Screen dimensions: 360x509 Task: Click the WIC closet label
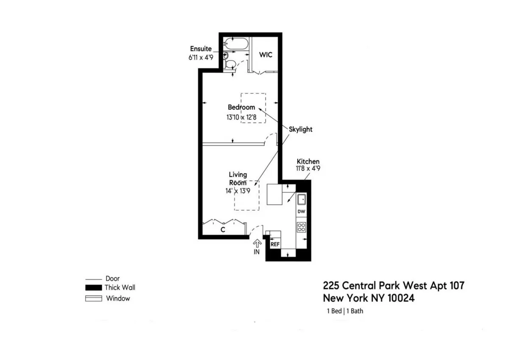(266, 55)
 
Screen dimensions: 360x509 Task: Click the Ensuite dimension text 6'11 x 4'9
(201, 57)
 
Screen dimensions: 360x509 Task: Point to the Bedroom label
(241, 107)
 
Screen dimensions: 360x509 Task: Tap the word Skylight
(301, 129)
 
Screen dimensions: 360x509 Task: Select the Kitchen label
(308, 162)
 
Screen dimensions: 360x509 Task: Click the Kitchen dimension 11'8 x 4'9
(308, 168)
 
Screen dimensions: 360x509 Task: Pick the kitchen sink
(302, 199)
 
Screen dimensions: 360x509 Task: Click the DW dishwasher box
(301, 211)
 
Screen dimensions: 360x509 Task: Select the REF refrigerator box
(275, 245)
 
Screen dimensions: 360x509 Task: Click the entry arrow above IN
(257, 243)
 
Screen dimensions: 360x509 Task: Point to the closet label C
(222, 230)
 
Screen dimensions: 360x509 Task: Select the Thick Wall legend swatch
(94, 288)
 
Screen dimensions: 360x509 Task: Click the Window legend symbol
(94, 299)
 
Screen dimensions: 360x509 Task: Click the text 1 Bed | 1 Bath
(344, 311)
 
